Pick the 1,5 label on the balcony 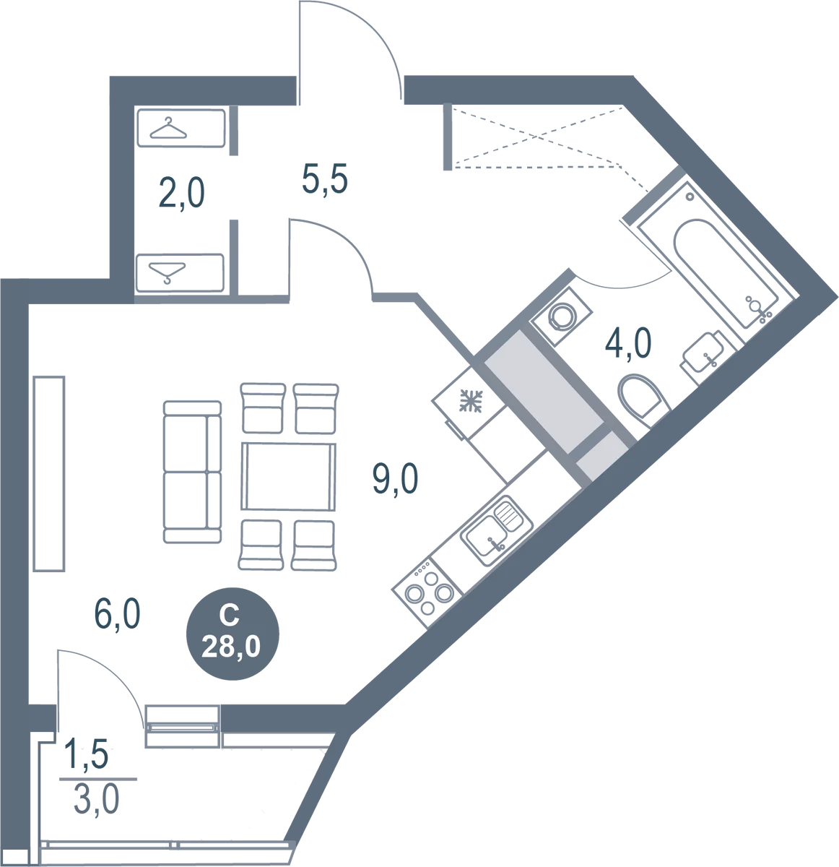pyautogui.click(x=87, y=754)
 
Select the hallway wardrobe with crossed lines pyautogui.click(x=531, y=137)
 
